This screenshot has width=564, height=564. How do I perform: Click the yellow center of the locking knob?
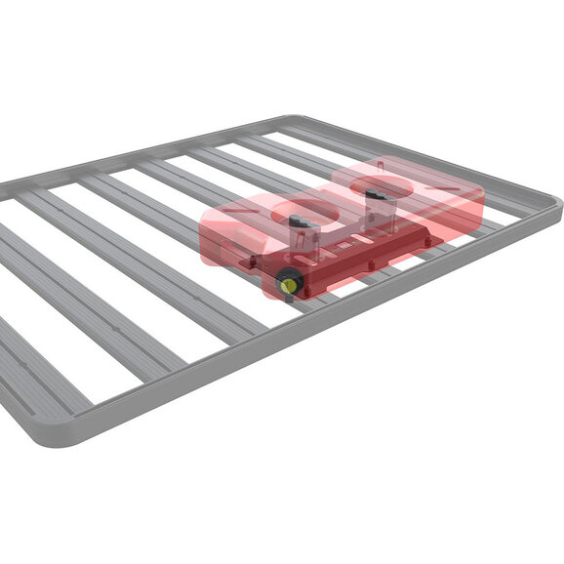[289, 283]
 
